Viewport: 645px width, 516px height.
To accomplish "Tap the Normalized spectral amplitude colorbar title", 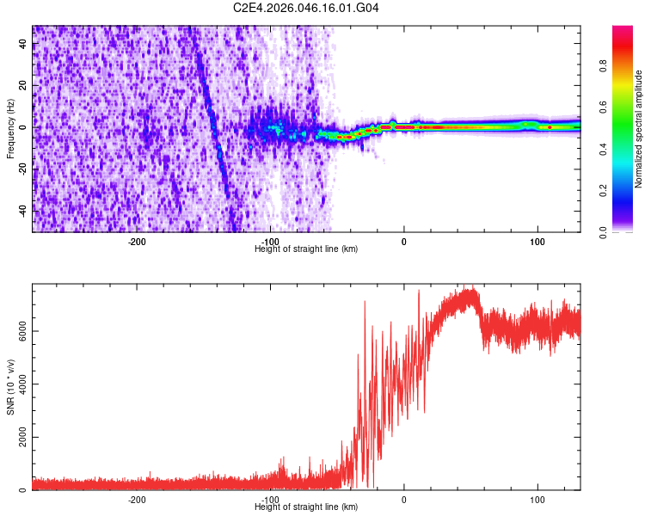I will [639, 129].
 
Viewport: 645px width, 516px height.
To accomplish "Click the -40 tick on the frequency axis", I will [24, 210].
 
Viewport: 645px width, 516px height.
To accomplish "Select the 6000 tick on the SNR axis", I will [24, 331].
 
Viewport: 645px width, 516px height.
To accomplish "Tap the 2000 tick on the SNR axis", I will [24, 438].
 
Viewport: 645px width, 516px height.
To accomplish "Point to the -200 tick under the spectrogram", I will [137, 242].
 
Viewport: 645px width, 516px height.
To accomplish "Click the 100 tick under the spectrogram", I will [537, 242].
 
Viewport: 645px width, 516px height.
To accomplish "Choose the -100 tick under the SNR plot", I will [270, 500].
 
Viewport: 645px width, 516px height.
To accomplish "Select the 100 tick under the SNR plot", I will [537, 500].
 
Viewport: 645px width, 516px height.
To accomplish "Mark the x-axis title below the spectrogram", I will [306, 249].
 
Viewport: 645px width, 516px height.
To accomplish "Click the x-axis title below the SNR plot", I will [306, 507].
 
